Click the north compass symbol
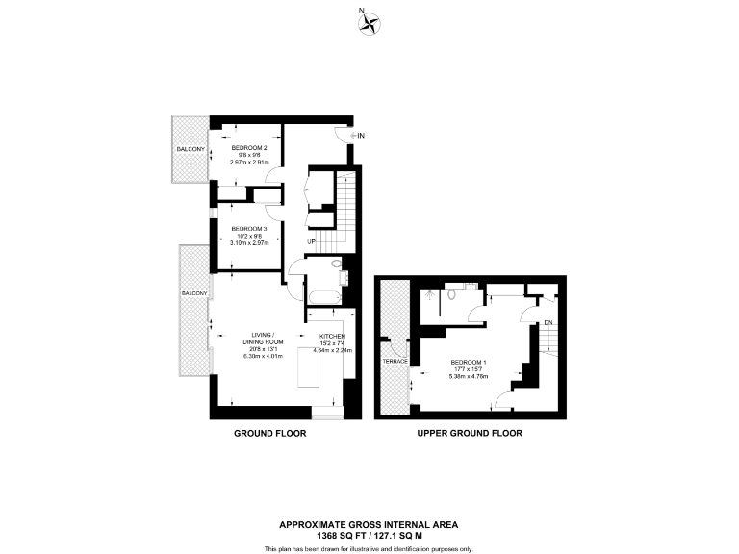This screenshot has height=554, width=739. pos(369,23)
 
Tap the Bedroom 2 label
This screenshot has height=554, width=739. pos(249,147)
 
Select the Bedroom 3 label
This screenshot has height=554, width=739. pos(249,228)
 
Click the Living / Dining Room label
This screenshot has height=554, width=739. pos(263,339)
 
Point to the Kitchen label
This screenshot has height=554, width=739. pos(332,336)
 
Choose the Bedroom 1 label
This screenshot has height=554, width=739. pos(469,362)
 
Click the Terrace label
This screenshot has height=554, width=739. pos(395,361)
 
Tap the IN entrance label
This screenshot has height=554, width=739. pos(360,137)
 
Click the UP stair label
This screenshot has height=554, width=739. pos(312,241)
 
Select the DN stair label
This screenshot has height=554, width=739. pos(548,322)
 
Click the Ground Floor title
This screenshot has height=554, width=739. pos(270,434)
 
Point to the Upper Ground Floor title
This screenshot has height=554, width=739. pos(470,434)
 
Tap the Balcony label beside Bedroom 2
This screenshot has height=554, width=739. pos(190,150)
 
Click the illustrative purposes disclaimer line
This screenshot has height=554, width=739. pos(369,548)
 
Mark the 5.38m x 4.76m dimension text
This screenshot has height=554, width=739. pos(469,376)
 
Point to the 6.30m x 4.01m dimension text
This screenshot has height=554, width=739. pos(263,356)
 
